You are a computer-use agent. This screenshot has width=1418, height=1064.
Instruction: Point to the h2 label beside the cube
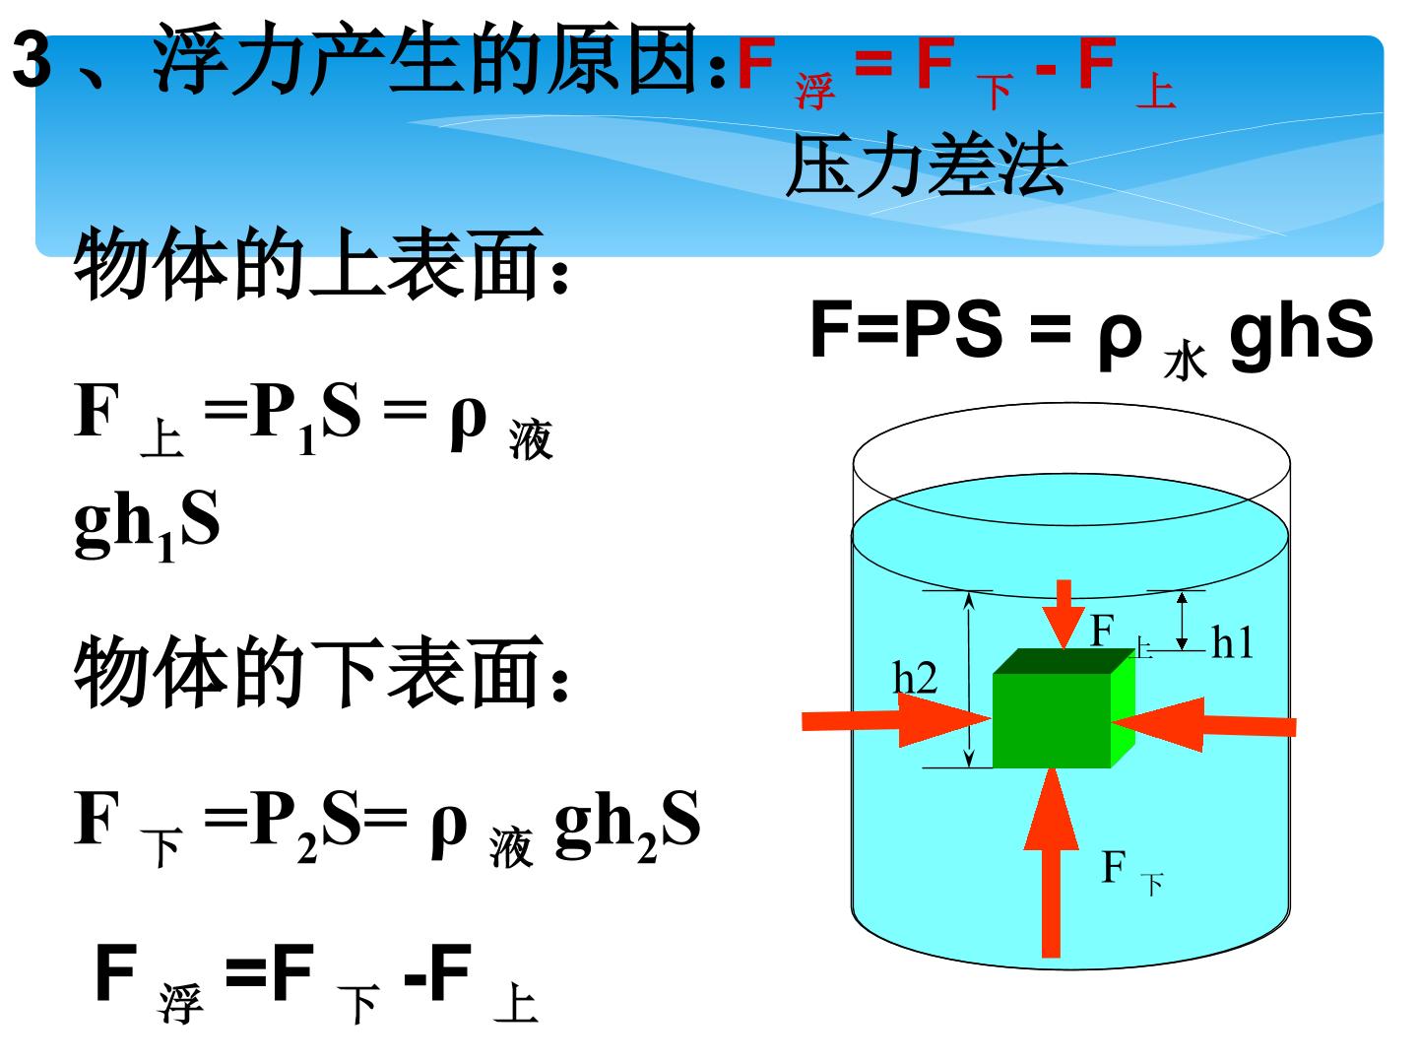tap(915, 678)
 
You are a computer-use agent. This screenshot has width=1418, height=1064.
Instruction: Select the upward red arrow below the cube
tap(1051, 863)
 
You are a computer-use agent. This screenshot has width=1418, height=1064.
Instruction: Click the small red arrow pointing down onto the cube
tap(1063, 614)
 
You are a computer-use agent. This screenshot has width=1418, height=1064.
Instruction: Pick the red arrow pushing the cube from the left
tap(897, 719)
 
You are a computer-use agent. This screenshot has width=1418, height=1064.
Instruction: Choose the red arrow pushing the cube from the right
tap(1204, 724)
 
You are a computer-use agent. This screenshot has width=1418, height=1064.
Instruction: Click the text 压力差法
tap(925, 165)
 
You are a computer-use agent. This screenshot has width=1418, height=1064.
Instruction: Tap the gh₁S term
tap(148, 524)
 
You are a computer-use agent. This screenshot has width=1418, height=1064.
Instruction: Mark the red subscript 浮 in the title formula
tap(815, 91)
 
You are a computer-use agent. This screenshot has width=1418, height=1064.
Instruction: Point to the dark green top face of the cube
tap(1063, 661)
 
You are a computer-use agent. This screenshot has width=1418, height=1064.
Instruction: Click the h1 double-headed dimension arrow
tap(1182, 621)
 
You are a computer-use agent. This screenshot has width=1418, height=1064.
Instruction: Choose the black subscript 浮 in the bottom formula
tap(180, 1003)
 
